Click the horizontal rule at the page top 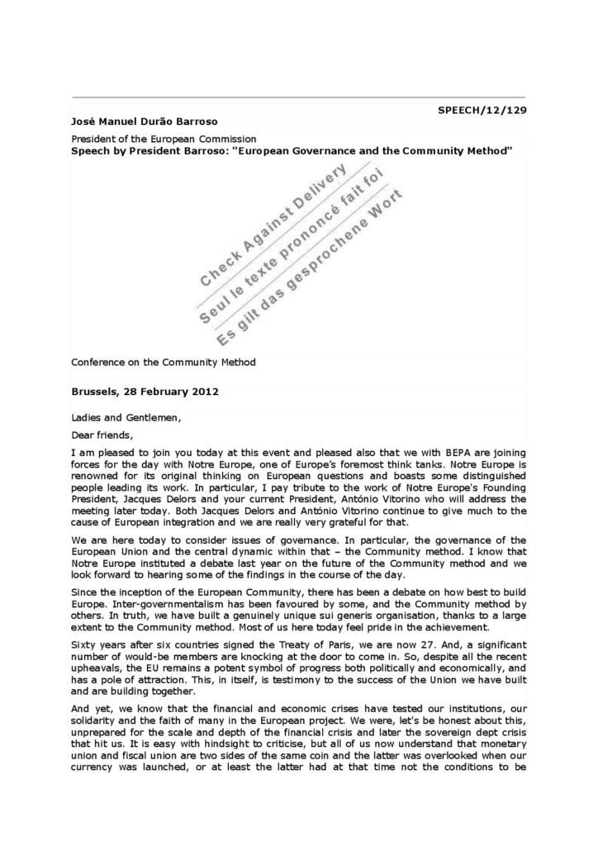click(x=298, y=97)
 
